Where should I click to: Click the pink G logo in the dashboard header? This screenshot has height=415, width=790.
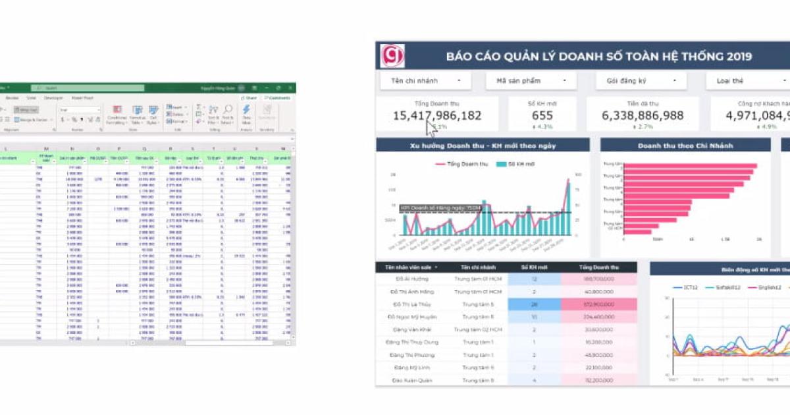[392, 56]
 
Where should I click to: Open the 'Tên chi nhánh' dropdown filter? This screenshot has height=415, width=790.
[425, 81]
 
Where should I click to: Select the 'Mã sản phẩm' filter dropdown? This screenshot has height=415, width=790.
[531, 81]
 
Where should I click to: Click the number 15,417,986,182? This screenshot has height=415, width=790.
[437, 115]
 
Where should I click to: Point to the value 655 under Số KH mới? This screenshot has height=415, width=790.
[542, 115]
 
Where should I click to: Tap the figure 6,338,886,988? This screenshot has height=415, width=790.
[643, 115]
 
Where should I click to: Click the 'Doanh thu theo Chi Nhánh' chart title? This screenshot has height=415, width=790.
[685, 146]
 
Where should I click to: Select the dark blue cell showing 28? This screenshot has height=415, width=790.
[534, 304]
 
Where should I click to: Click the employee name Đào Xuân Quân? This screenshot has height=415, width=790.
[412, 380]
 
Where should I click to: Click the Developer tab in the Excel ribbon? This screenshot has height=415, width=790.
[53, 97]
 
